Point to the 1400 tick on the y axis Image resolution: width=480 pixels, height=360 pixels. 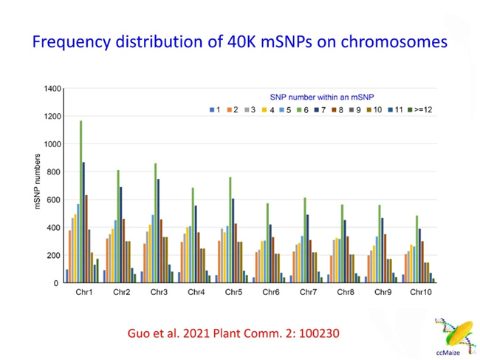coord(52,89)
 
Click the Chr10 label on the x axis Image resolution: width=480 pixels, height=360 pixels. coord(420,293)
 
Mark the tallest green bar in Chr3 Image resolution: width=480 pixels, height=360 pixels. coord(155,223)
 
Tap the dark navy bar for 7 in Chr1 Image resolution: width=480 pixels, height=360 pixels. coord(83,222)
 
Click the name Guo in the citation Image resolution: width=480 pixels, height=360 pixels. coord(140,333)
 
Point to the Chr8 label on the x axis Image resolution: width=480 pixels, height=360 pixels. coord(345,293)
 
